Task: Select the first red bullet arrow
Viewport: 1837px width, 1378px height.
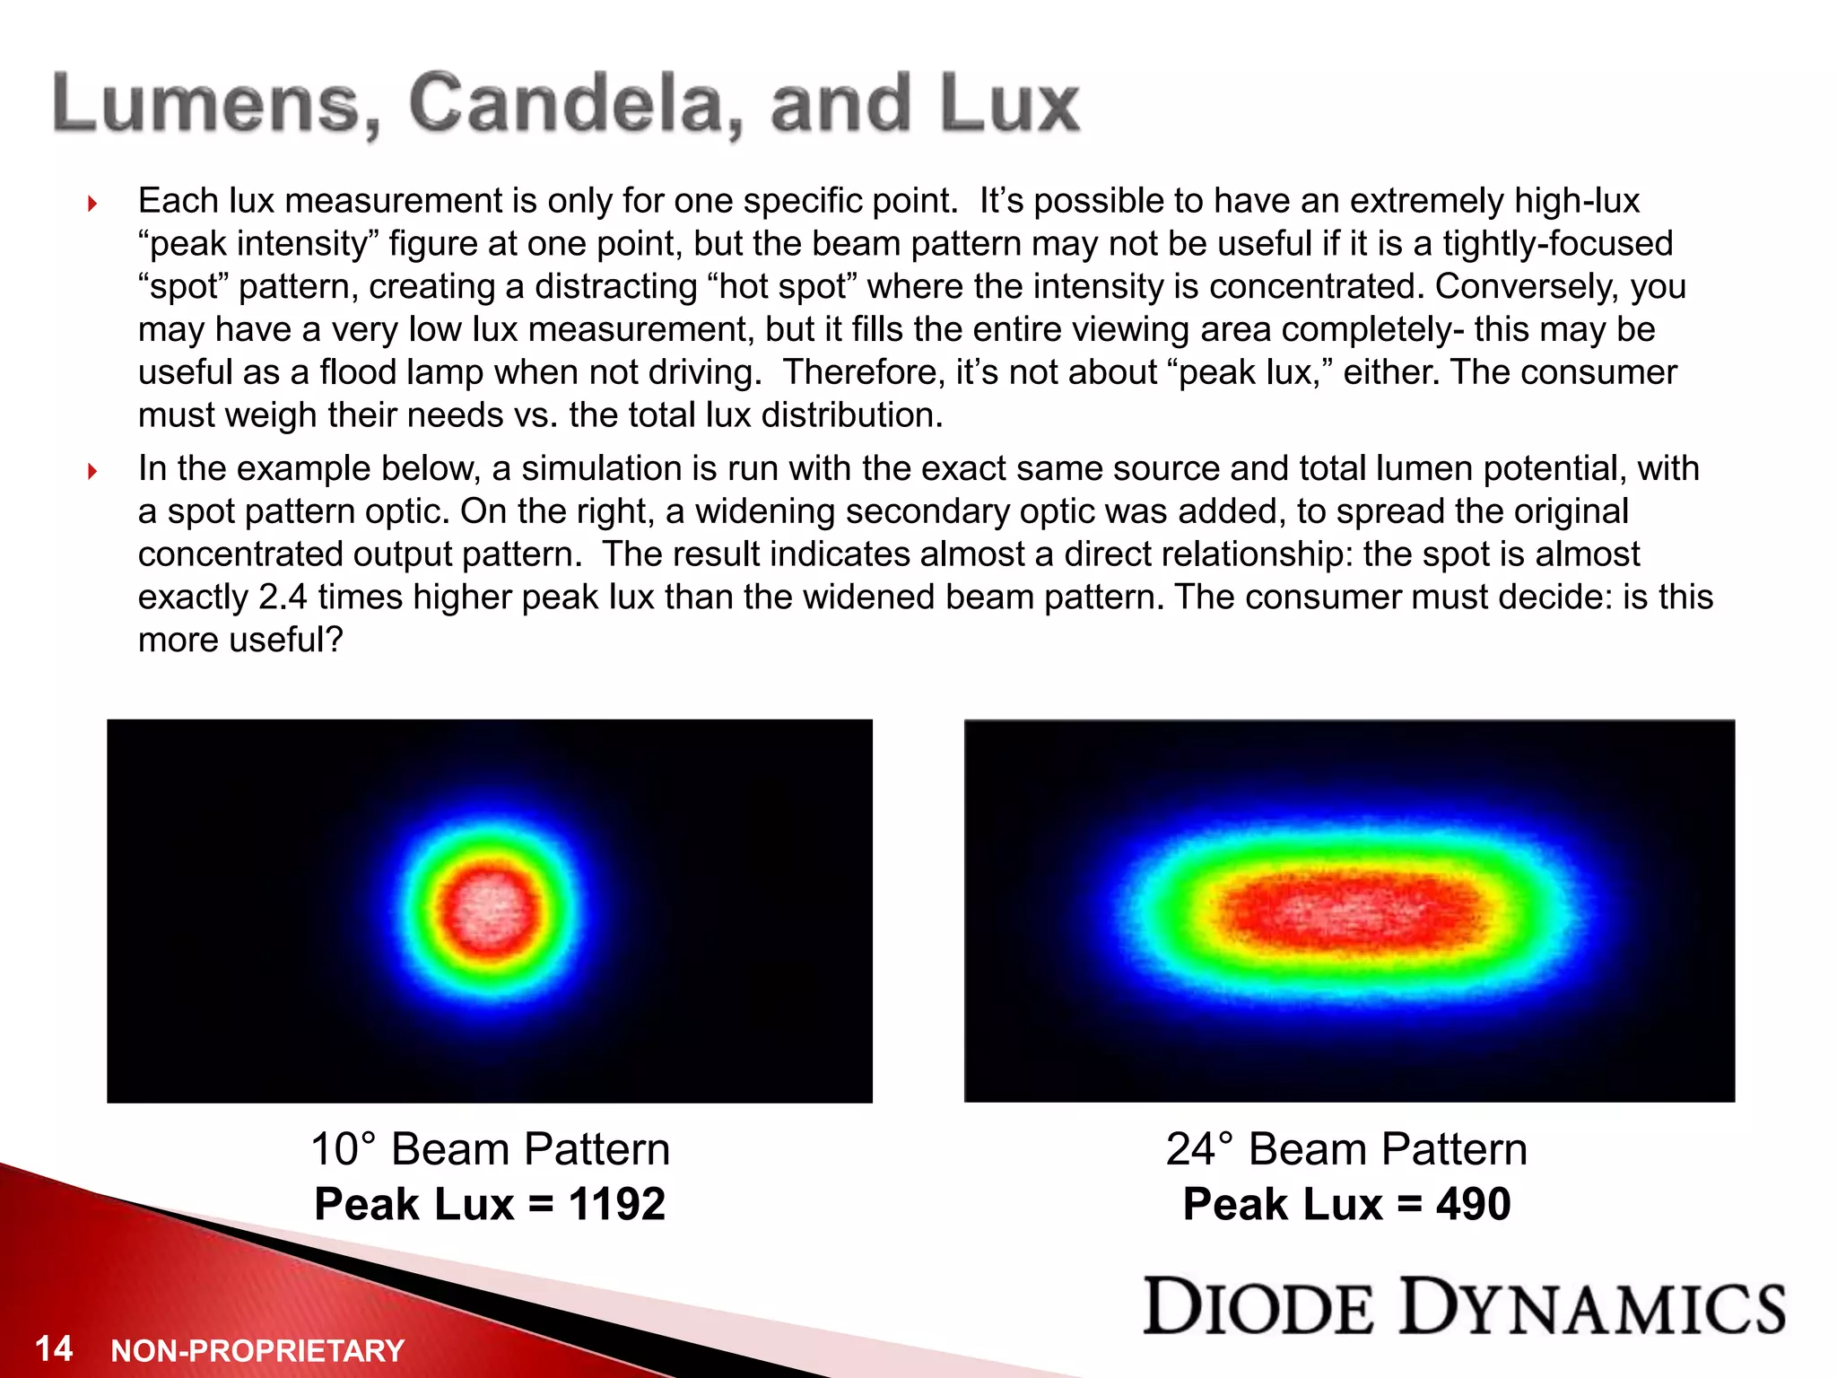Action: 92,204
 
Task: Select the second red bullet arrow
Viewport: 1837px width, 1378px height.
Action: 92,471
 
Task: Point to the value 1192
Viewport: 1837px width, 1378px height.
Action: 617,1204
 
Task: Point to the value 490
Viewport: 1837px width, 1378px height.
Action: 1474,1204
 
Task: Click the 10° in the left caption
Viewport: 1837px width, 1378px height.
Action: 344,1149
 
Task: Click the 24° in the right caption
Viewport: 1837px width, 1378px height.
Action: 1200,1149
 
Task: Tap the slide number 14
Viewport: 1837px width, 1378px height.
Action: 54,1348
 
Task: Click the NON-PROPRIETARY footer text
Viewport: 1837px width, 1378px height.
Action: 257,1350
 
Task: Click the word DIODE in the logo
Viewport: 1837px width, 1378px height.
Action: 1258,1307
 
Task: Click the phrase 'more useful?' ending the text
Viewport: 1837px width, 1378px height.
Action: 240,640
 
